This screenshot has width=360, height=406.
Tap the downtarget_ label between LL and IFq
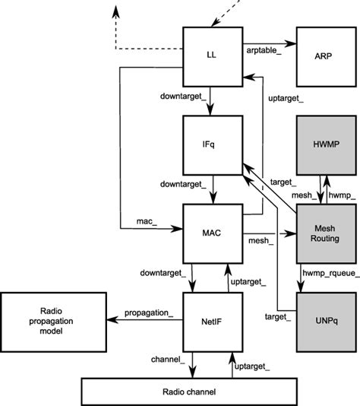(x=179, y=97)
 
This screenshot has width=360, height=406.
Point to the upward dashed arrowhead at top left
(x=115, y=9)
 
